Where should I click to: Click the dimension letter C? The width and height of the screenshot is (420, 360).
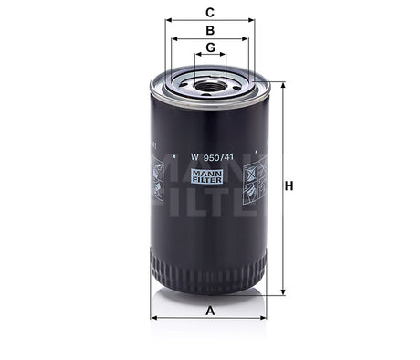point(209,12)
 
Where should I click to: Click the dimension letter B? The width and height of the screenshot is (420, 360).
point(209,30)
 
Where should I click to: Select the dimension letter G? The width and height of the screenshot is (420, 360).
point(210,48)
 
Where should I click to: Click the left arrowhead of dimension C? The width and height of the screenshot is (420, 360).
point(169,21)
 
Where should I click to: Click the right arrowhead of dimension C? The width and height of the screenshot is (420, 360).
point(252,21)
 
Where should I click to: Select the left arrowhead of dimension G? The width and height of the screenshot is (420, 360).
point(196,57)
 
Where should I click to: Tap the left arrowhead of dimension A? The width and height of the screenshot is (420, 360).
point(153,318)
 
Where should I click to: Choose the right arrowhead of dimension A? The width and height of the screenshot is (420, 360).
point(267,318)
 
